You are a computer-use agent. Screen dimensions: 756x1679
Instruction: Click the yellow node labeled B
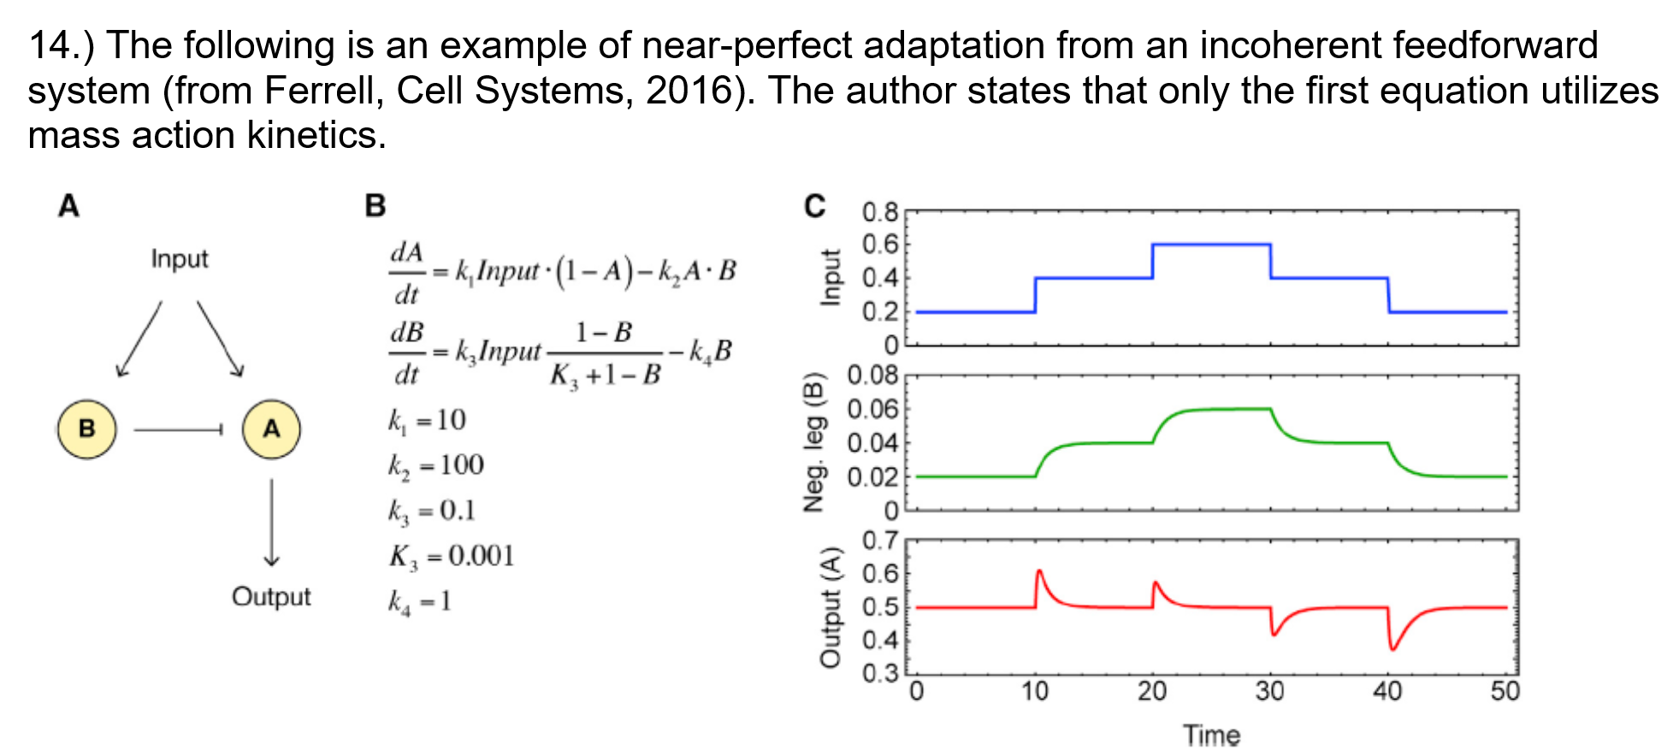(86, 428)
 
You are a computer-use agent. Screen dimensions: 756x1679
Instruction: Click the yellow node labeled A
(271, 428)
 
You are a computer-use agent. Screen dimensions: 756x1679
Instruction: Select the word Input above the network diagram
(180, 258)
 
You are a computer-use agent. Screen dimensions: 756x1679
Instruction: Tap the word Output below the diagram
(271, 596)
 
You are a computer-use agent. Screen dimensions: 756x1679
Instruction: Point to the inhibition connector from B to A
(178, 429)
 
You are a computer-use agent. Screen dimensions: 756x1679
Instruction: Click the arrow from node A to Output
(271, 522)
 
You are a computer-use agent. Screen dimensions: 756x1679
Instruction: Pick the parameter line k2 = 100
(436, 465)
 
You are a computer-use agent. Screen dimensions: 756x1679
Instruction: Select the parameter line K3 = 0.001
(452, 556)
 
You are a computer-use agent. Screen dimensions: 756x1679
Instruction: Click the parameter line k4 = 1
(419, 601)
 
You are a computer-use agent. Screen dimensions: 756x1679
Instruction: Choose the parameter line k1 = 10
(427, 420)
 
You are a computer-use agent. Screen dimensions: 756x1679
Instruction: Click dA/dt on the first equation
(407, 273)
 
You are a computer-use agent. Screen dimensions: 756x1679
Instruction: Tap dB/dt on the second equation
(407, 352)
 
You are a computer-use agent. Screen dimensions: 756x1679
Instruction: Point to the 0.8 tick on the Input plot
(880, 212)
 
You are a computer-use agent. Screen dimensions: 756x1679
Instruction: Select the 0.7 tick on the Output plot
(880, 540)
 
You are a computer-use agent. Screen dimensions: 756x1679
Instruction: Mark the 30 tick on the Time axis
(1269, 691)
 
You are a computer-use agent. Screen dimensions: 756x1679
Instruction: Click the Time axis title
(1211, 735)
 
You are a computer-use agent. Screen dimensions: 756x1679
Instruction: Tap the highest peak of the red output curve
(1039, 570)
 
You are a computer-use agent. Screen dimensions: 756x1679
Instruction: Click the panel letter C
(814, 206)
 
